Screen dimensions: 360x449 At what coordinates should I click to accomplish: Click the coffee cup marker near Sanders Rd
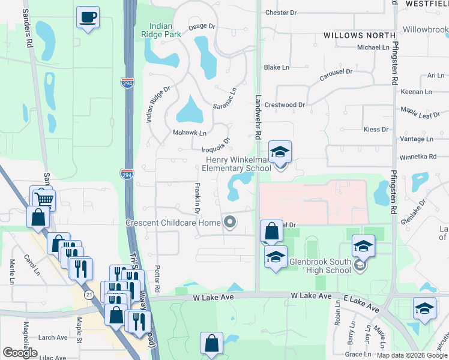88,17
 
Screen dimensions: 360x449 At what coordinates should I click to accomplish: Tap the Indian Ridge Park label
165,31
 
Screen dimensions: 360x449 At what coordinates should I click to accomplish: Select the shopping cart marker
43,199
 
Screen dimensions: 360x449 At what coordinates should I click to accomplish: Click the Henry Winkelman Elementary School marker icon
280,153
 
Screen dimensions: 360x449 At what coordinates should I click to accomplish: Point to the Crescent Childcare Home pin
229,223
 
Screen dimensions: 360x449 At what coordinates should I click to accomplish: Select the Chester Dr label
281,13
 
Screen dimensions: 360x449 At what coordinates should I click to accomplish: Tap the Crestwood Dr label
285,104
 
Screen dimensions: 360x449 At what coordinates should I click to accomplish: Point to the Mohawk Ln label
189,133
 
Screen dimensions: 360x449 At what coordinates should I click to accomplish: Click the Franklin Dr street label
197,196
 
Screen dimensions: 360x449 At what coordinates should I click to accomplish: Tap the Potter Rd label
157,280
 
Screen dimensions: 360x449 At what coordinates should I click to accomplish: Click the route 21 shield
89,294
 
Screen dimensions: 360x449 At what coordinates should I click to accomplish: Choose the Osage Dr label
202,26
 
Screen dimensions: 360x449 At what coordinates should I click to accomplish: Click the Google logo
20,353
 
